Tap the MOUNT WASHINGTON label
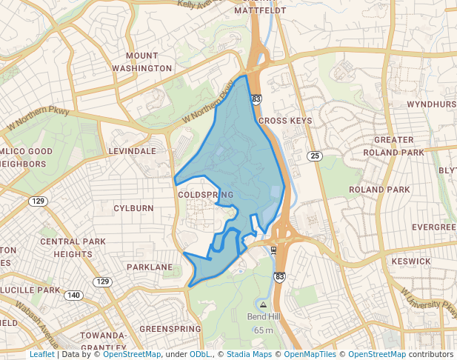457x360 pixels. [141, 62]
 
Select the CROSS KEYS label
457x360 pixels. [285, 120]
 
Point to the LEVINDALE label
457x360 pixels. [133, 150]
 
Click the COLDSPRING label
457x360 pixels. [206, 195]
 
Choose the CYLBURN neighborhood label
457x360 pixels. [133, 208]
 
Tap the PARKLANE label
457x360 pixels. [149, 267]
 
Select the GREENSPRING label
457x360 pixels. [170, 328]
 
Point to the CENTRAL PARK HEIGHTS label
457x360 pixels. [73, 248]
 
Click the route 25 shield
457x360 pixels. [315, 156]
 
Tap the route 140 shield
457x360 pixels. [73, 295]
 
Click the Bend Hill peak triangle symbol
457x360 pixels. [263, 304]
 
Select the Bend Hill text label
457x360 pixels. [264, 317]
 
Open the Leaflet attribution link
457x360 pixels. [41, 354]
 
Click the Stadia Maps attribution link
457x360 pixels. [249, 354]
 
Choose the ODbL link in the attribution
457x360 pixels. [200, 354]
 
